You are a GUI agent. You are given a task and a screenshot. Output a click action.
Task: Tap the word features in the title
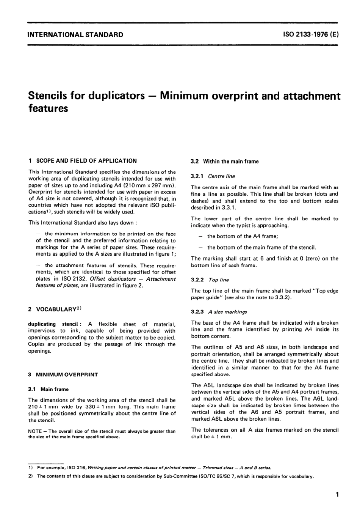tap(48, 108)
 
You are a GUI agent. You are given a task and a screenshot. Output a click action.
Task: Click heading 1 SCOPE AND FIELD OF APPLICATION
tap(82, 161)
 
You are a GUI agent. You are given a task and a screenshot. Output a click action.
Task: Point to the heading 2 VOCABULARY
tap(55, 309)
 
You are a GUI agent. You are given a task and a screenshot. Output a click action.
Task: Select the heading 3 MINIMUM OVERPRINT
tap(63, 374)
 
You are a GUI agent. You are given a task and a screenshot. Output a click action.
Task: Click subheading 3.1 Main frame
tap(48, 389)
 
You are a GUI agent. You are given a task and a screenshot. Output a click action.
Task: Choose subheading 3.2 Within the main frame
tap(225, 162)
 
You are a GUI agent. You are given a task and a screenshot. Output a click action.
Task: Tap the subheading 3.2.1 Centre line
tap(213, 176)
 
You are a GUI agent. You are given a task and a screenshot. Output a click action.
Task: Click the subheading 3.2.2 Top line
tap(210, 280)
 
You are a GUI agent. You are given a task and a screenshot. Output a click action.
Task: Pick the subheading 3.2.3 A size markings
tap(219, 312)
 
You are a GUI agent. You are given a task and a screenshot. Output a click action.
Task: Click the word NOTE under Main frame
tap(35, 431)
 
